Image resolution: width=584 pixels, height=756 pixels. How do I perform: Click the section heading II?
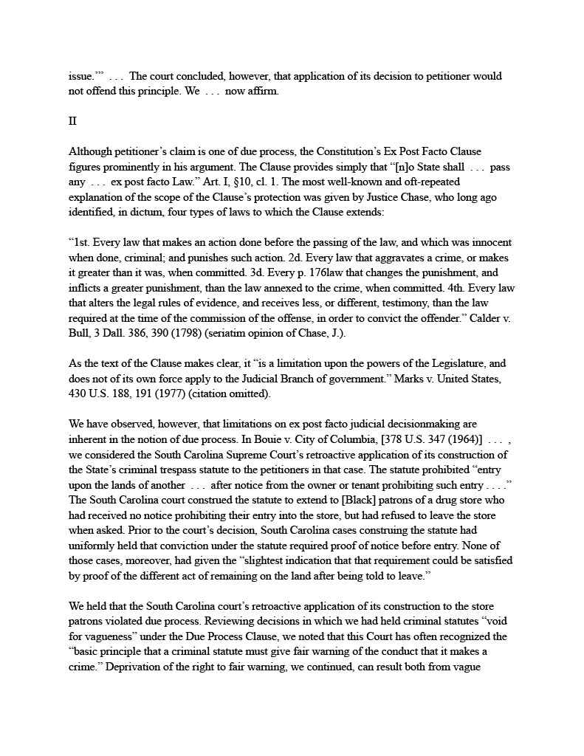[x=72, y=122]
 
